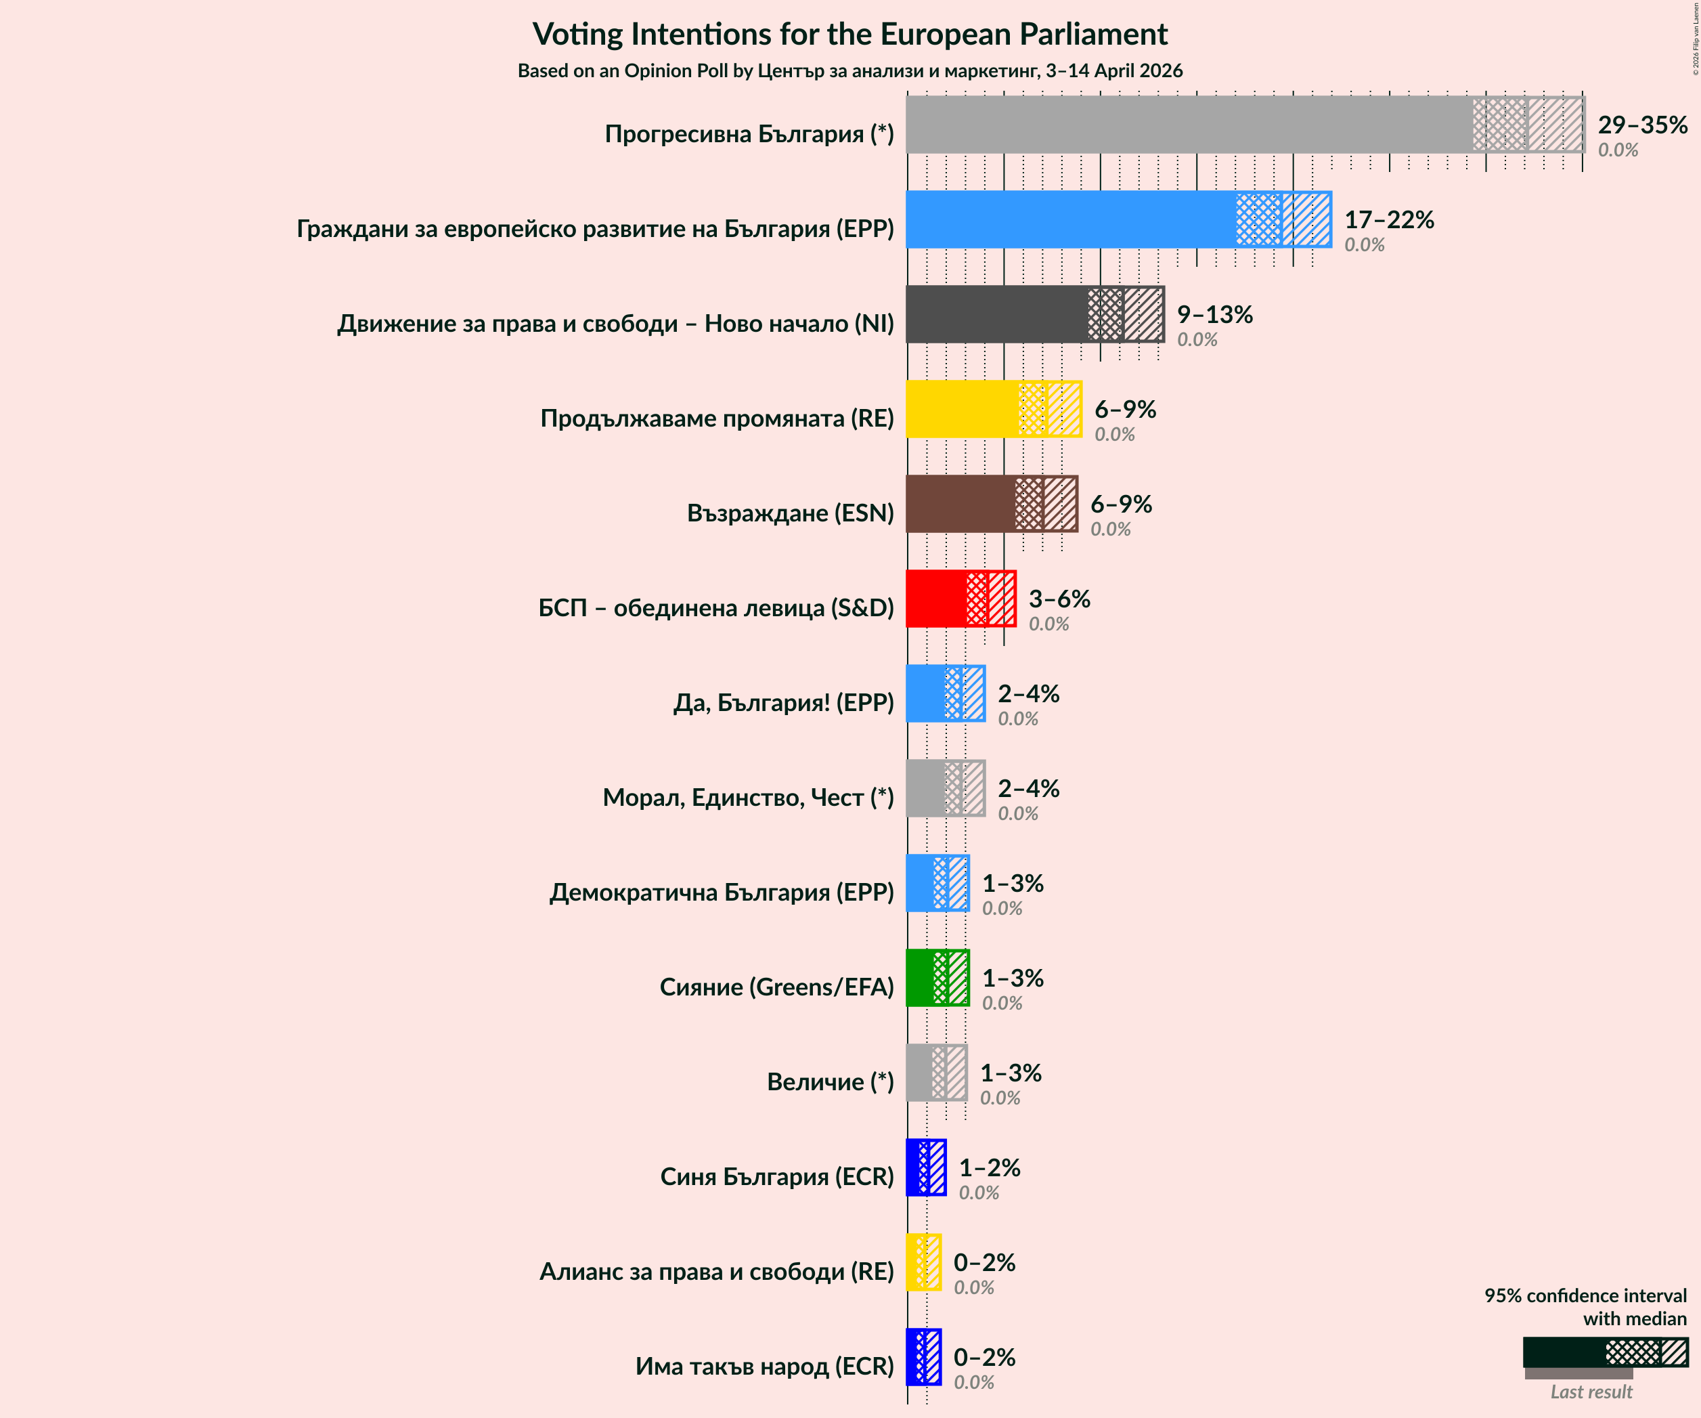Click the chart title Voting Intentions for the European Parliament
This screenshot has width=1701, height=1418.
tap(849, 34)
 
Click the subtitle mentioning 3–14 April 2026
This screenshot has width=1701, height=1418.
tap(849, 71)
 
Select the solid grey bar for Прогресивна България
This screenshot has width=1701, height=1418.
tap(1189, 125)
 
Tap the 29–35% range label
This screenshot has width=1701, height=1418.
tap(1642, 125)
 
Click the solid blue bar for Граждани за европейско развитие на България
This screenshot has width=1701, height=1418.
tap(1070, 219)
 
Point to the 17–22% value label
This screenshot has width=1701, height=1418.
tap(1388, 219)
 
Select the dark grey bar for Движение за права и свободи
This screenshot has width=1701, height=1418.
tap(996, 314)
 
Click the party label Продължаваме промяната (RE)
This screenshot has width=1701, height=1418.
tap(717, 418)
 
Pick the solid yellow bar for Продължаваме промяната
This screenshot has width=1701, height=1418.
tap(961, 409)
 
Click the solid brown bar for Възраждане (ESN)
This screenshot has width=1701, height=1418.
tap(960, 504)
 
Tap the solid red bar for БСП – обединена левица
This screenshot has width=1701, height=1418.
tap(935, 599)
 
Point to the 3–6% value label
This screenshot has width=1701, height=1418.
tap(1059, 599)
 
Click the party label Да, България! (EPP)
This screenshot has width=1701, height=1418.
tap(783, 702)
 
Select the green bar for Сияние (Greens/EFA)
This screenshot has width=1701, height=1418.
tap(919, 978)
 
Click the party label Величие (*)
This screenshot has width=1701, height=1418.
tap(831, 1081)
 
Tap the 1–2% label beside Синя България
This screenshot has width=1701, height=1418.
tap(989, 1167)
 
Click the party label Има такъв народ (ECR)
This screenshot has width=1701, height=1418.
tap(764, 1366)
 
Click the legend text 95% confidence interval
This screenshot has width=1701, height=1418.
tap(1585, 1295)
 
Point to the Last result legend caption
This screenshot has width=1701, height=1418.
tap(1591, 1392)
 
